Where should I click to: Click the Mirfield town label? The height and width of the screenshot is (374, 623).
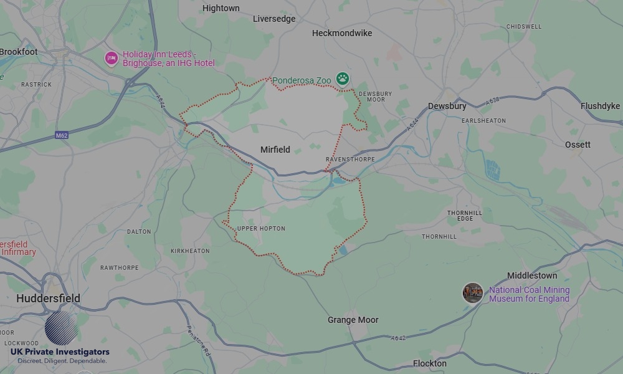275,150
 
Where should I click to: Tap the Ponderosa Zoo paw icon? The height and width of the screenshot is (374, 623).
342,79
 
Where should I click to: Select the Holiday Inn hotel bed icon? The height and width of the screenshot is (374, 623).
112,59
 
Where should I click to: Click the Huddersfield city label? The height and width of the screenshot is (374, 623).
48,299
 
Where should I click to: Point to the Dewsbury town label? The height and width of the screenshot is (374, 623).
447,107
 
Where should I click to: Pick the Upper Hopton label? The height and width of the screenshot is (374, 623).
261,229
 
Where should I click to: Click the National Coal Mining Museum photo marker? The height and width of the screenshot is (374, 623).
473,293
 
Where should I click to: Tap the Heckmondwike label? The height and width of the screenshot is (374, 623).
341,32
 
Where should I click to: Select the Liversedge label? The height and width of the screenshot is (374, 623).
274,19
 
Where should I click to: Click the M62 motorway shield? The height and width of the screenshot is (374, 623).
61,135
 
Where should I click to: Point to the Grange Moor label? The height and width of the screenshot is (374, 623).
353,320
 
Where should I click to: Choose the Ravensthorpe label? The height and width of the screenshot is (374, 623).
350,160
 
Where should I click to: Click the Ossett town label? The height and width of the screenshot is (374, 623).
578,145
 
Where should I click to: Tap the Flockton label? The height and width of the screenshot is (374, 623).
429,363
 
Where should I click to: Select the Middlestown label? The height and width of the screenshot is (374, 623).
532,276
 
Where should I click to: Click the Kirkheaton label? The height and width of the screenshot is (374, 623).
190,251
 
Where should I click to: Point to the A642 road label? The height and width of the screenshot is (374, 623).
399,338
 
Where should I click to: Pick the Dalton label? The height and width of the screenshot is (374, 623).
139,231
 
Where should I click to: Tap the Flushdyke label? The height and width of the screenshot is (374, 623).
600,106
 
